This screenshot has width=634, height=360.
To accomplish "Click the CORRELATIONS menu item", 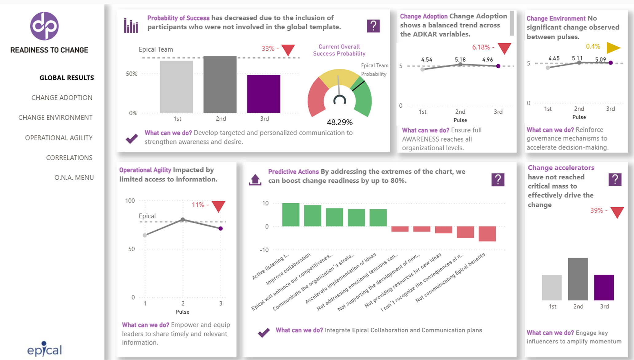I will (69, 158).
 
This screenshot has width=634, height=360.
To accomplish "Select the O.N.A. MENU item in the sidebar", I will (74, 178).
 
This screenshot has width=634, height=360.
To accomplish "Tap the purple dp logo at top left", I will (45, 26).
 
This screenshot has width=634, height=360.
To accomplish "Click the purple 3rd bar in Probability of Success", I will (264, 94).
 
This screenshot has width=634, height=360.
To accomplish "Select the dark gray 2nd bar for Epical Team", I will (220, 84).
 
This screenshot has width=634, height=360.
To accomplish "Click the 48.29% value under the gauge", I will (339, 122).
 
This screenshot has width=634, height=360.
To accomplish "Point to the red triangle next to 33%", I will (288, 50).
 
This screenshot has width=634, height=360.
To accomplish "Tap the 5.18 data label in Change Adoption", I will (460, 59).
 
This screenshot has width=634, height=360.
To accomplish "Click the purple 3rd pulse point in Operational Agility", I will (221, 229).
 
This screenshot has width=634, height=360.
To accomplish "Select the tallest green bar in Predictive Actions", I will (291, 215).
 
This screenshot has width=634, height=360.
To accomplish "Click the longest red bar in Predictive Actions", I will (487, 234).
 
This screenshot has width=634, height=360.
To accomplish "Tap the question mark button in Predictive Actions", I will (498, 180).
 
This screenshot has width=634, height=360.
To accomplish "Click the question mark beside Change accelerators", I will (615, 180).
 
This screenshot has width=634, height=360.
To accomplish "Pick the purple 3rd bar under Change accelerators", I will (604, 288).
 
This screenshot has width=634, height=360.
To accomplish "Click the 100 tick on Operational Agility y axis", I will (130, 201).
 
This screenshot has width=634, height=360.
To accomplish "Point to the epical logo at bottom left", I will (45, 350).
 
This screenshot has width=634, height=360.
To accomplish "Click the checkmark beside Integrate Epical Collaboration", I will (264, 332).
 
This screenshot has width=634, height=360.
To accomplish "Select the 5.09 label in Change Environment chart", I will (601, 59).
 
